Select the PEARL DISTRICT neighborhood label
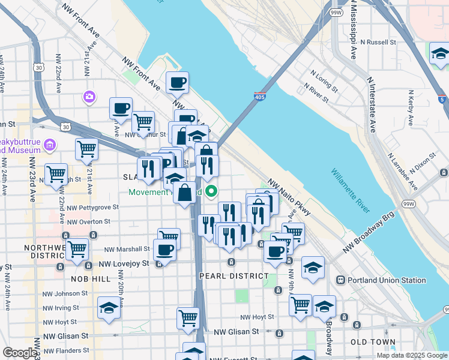pos(234,276)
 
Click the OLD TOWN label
pos(373,342)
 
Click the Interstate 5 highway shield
pos(442,100)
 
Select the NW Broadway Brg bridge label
pos(368,232)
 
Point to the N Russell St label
pos(379,43)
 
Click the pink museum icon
pos(49,144)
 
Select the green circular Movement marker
pos(211,192)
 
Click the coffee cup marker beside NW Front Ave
pos(177,82)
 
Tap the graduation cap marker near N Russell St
pos(440,53)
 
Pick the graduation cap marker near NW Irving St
pos(109,308)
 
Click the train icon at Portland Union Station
pos(340,280)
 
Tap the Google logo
pos(19,353)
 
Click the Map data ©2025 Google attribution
pos(411,355)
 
